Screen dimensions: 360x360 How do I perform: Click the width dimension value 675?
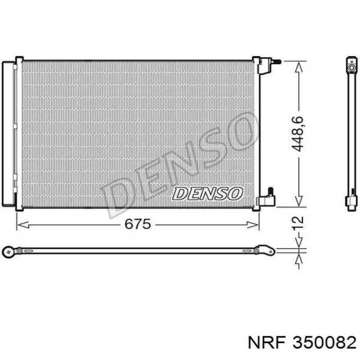[137, 224]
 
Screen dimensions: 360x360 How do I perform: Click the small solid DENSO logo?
[207, 193]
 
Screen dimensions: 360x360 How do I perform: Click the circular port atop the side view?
[351, 67]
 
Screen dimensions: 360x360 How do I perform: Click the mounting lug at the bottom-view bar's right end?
[267, 250]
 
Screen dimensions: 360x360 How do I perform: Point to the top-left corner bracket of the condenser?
[19, 61]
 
